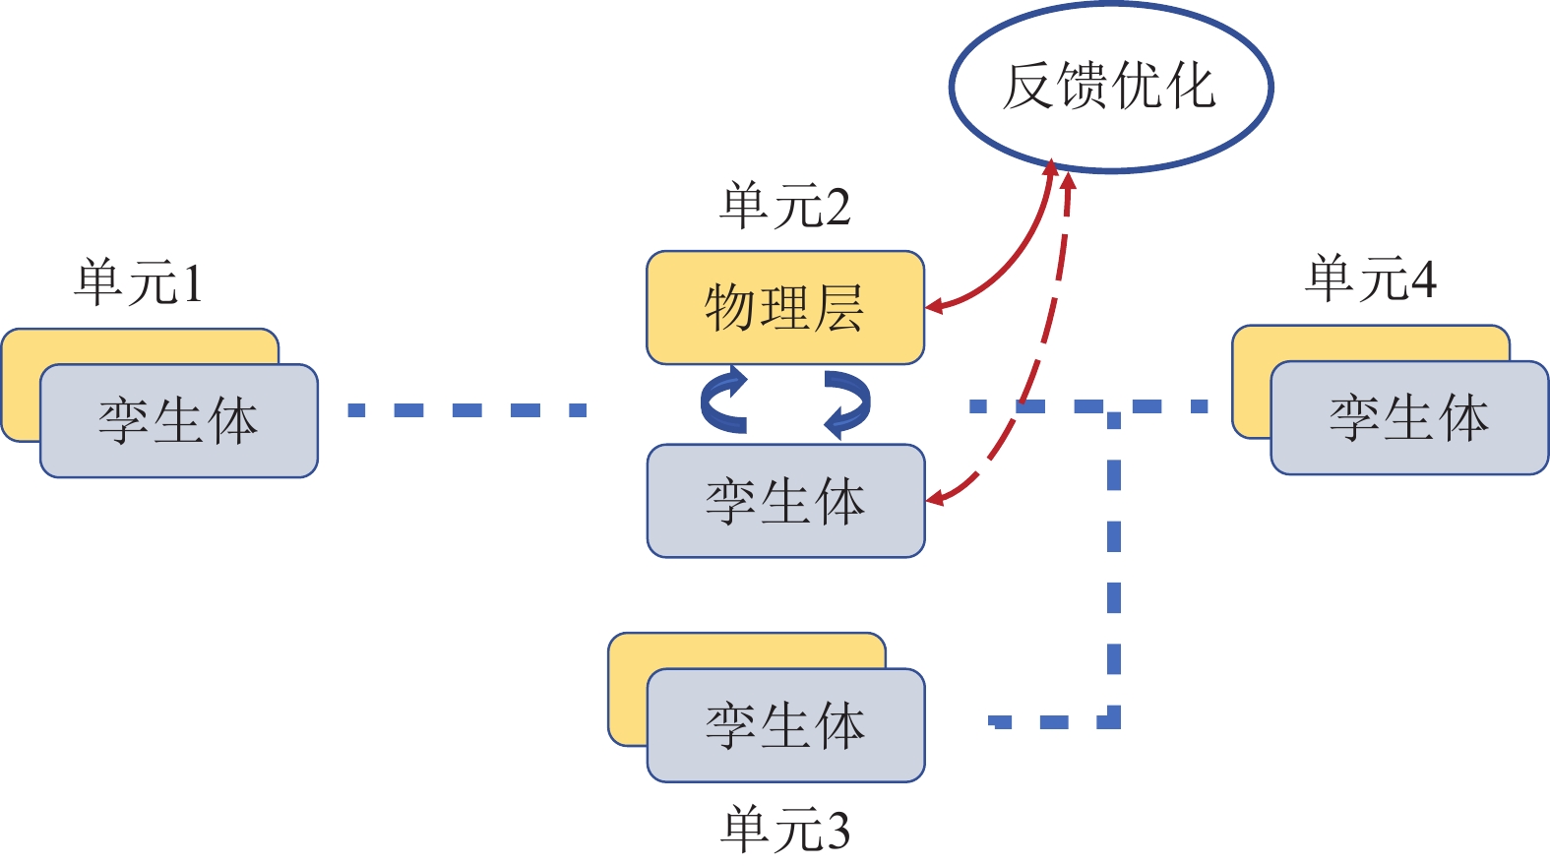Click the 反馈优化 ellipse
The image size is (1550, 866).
click(x=1110, y=87)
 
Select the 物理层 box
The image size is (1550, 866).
click(x=784, y=307)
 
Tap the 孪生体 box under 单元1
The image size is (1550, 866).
click(x=178, y=420)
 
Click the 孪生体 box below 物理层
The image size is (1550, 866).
click(x=784, y=500)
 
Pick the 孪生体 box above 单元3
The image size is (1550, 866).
click(x=784, y=725)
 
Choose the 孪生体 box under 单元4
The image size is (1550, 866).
click(x=1408, y=417)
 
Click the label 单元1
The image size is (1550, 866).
click(x=139, y=282)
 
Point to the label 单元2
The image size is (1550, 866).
click(x=784, y=207)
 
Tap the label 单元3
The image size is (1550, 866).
click(x=784, y=829)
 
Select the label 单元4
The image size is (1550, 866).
click(x=1370, y=278)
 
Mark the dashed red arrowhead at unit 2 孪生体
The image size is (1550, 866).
click(x=936, y=498)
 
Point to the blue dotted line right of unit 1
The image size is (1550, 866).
click(x=466, y=409)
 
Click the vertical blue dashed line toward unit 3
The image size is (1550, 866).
click(x=1114, y=571)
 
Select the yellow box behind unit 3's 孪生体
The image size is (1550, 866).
click(x=627, y=689)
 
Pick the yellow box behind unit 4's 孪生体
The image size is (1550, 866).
click(x=1251, y=384)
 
